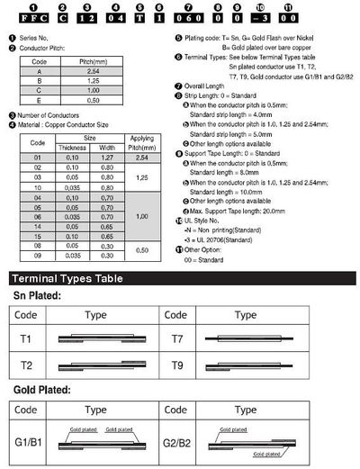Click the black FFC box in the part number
pos(26,19)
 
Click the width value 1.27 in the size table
pos(107,158)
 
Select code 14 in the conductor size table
pos(38,229)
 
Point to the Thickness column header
pos(71,147)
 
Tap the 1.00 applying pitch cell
pos(139,217)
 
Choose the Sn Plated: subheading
pos(38,294)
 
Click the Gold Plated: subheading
pos(43,389)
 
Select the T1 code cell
pos(26,338)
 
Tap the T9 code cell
pos(179,366)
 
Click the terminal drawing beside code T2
pos(102,366)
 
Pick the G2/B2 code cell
pos(179,444)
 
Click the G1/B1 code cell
pos(28,444)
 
